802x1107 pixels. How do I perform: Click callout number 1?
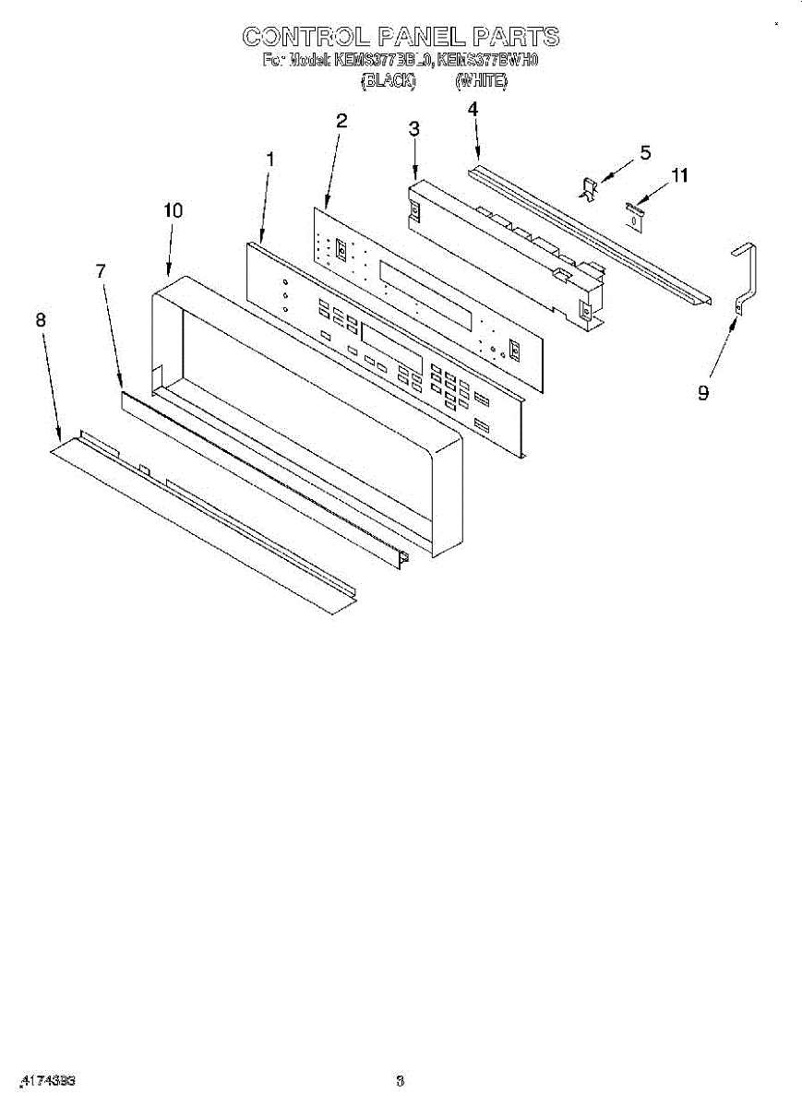269,159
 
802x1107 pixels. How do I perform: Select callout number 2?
341,120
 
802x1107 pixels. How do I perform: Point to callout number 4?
473,109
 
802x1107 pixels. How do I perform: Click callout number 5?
645,151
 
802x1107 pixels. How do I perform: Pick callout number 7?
101,270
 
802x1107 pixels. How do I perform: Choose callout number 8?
40,319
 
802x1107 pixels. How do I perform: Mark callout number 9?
703,393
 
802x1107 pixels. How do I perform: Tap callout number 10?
173,210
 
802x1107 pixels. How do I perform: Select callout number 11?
679,174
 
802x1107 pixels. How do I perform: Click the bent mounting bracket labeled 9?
747,277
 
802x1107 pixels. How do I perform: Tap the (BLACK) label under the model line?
388,81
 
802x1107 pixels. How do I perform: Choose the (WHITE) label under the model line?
481,81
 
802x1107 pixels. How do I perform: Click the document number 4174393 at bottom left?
46,1079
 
